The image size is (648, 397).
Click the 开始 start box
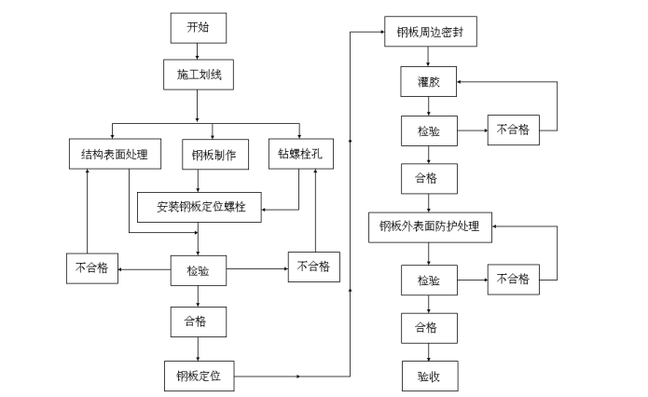pyautogui.click(x=198, y=27)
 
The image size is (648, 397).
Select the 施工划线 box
pyautogui.click(x=198, y=72)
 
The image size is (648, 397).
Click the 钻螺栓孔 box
pyautogui.click(x=300, y=154)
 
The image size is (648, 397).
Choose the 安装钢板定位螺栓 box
pyautogui.click(x=200, y=205)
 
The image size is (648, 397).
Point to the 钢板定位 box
pyautogui.click(x=198, y=376)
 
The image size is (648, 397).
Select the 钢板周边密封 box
pyautogui.click(x=430, y=32)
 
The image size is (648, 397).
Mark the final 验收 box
pyautogui.click(x=429, y=376)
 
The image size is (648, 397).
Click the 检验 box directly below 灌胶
pyautogui.click(x=429, y=130)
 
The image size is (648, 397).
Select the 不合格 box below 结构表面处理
pyautogui.click(x=91, y=269)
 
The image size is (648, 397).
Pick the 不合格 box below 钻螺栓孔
pyautogui.click(x=313, y=267)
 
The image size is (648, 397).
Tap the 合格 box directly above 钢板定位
pyautogui.click(x=198, y=322)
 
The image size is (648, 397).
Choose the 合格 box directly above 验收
pyautogui.click(x=429, y=327)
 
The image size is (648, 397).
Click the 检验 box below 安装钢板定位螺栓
pyautogui.click(x=198, y=271)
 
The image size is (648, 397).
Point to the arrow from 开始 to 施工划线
pyautogui.click(x=198, y=50)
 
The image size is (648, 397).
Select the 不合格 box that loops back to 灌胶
pyautogui.click(x=512, y=130)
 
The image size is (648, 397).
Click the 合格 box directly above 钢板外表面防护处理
pyautogui.click(x=429, y=177)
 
